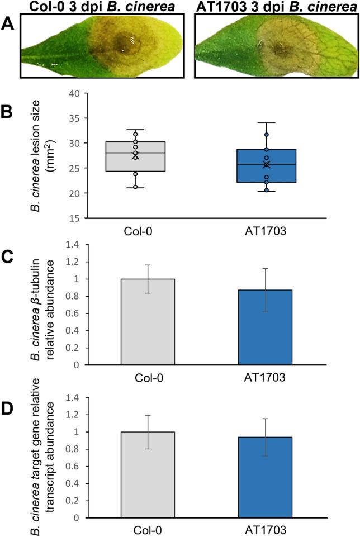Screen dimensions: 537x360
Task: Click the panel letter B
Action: click(7, 111)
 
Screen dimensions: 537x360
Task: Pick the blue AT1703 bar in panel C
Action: click(266, 327)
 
